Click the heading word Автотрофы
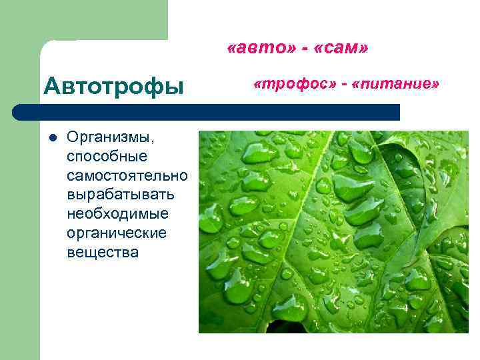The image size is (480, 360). pos(113,86)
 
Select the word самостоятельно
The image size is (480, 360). pos(127,176)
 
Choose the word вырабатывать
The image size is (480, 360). pos(121,195)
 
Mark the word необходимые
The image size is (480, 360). pos(117,215)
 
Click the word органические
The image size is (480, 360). pos(117,234)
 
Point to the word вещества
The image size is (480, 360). pos(103,253)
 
